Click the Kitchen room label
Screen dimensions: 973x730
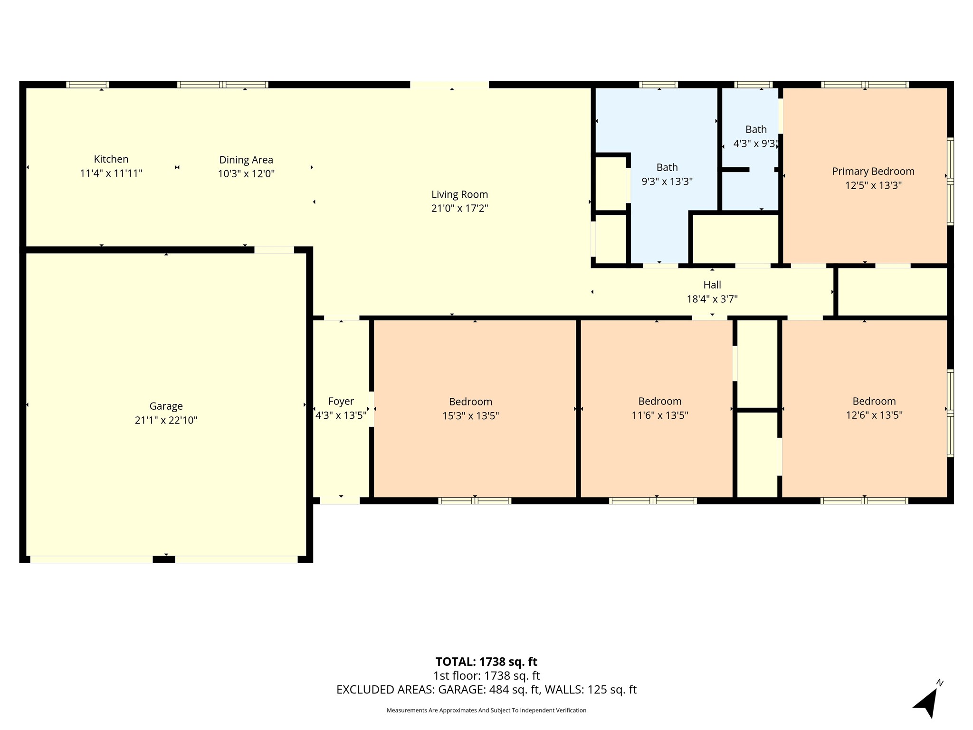(111, 159)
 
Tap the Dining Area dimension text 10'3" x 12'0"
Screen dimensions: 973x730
(246, 174)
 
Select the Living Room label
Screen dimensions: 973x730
(459, 194)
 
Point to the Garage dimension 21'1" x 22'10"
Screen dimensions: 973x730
(166, 420)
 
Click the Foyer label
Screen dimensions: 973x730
(341, 402)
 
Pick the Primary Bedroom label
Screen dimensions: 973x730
(873, 172)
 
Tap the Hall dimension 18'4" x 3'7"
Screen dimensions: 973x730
(712, 299)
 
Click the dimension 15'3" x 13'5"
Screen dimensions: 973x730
(470, 416)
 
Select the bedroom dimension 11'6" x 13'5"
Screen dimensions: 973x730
(659, 415)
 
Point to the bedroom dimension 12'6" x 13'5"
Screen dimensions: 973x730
(874, 415)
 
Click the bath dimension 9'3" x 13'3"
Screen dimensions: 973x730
(667, 182)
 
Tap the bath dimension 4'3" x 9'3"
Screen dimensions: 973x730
(755, 144)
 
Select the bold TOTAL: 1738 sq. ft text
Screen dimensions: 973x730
(486, 662)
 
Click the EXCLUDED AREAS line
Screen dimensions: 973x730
(486, 690)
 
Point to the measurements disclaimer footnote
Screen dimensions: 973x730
(486, 711)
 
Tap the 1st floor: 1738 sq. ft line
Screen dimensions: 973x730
(486, 675)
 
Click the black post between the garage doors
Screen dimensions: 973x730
(164, 559)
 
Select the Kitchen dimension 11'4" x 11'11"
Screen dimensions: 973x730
(111, 173)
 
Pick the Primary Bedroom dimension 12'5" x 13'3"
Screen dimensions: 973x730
(873, 185)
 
